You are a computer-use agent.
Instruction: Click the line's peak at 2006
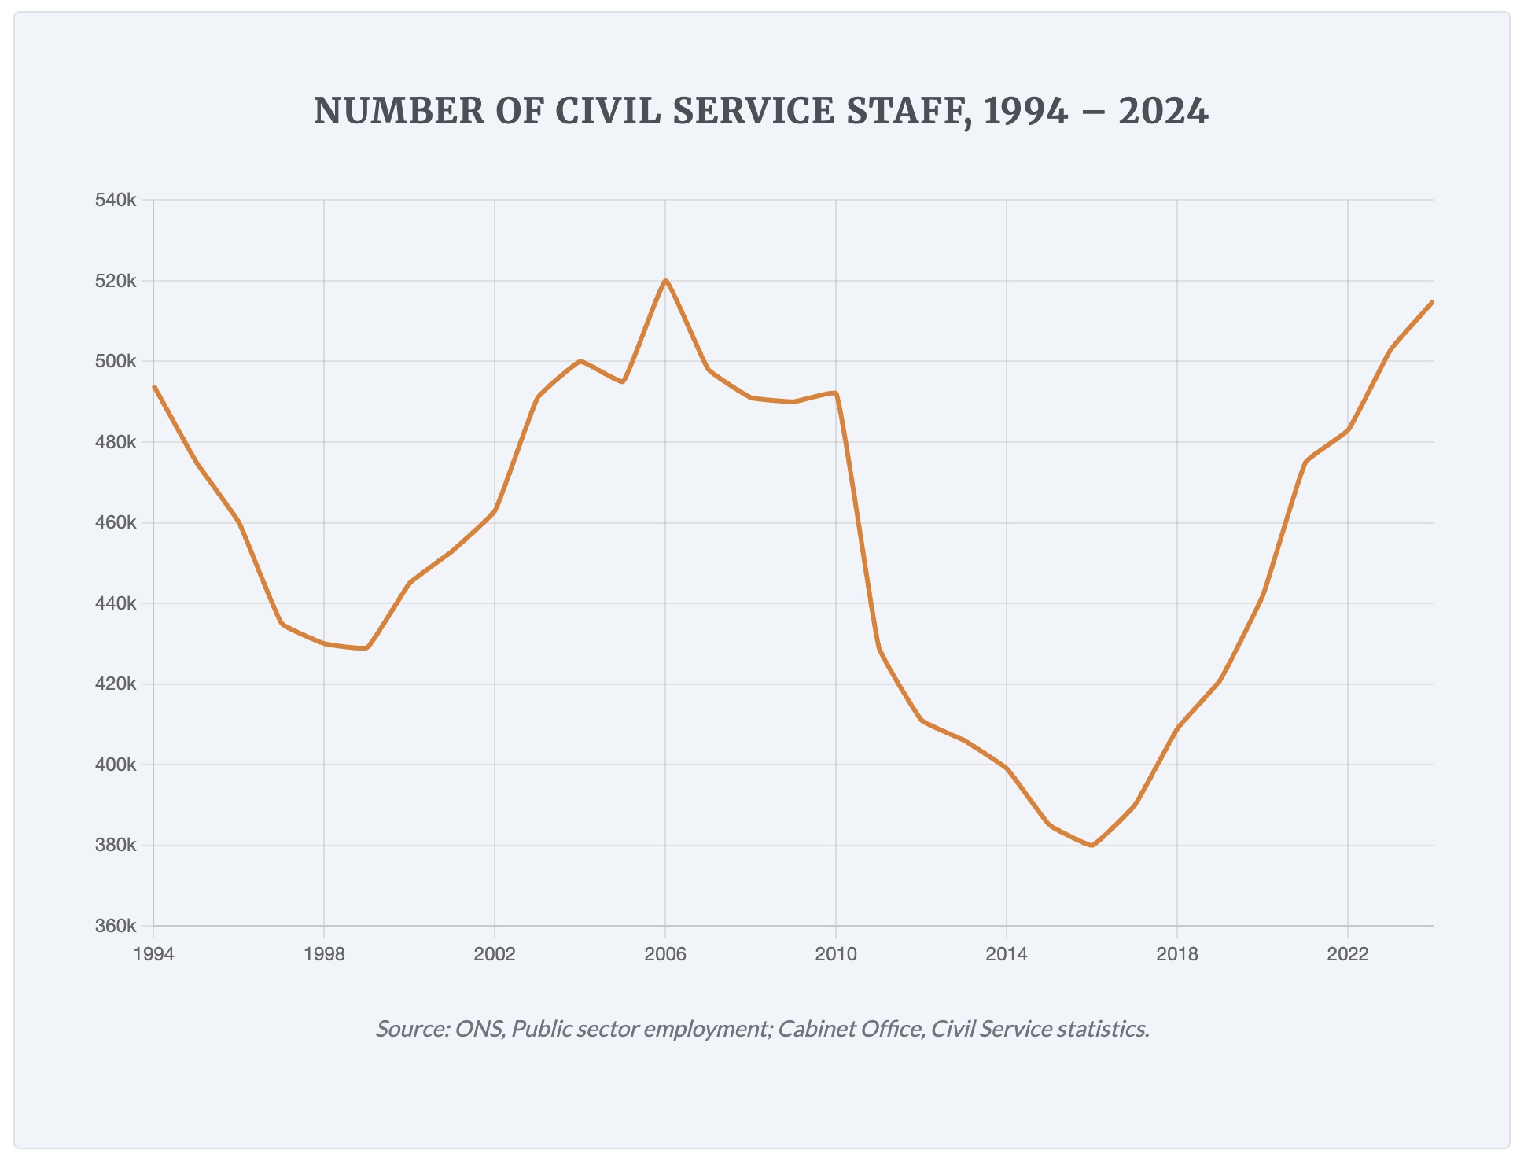pyautogui.click(x=665, y=281)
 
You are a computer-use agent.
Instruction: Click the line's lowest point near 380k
pyautogui.click(x=1091, y=846)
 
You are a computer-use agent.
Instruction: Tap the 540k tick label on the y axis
pyautogui.click(x=116, y=201)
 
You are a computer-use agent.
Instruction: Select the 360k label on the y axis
pyautogui.click(x=116, y=926)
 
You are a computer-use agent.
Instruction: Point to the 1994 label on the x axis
pyautogui.click(x=153, y=955)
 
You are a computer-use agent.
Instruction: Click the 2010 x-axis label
pyautogui.click(x=836, y=955)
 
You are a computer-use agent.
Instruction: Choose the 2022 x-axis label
pyautogui.click(x=1348, y=955)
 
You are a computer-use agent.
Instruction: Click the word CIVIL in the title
pyautogui.click(x=609, y=111)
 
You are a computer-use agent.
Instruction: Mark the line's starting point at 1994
pyautogui.click(x=154, y=386)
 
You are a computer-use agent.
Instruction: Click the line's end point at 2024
pyautogui.click(x=1432, y=302)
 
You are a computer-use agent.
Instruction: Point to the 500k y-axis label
pyautogui.click(x=116, y=362)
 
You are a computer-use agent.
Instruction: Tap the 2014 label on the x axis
pyautogui.click(x=1007, y=955)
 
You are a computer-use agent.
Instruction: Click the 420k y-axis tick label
pyautogui.click(x=116, y=684)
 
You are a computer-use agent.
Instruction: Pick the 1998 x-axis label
pyautogui.click(x=324, y=955)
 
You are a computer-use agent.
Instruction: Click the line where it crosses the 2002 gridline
pyautogui.click(x=495, y=510)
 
